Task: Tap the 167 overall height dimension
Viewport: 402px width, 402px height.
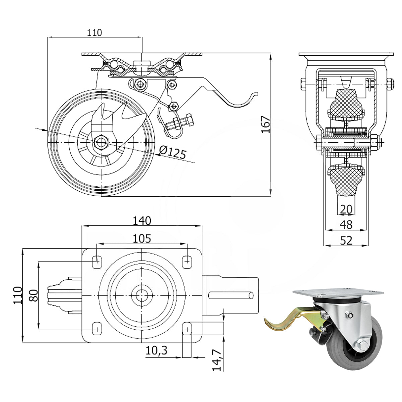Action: (266, 125)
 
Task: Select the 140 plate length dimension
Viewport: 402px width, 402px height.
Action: (142, 221)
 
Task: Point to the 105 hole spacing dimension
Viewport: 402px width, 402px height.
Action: (142, 239)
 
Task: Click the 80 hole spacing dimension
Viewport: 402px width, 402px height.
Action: (33, 295)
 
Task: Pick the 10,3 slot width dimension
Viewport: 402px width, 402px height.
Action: (156, 350)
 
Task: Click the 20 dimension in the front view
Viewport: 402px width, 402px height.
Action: (346, 209)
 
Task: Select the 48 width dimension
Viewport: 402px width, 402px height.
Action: (346, 225)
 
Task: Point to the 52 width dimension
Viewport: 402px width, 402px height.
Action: (346, 241)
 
